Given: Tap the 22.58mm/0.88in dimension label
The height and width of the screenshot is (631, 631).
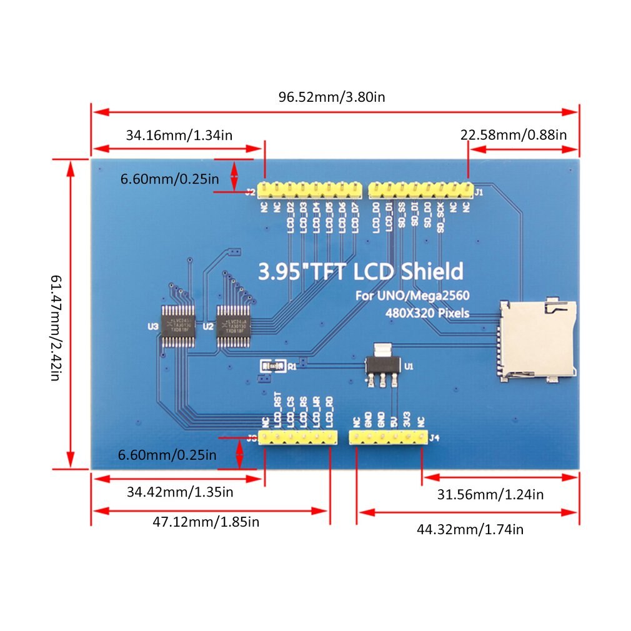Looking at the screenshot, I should point(513,134).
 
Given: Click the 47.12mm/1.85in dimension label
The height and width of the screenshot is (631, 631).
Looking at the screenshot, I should point(206,522).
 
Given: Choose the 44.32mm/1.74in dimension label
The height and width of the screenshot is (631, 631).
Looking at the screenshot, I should point(470,529).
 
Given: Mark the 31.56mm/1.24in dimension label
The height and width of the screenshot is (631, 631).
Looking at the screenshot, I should point(490,495).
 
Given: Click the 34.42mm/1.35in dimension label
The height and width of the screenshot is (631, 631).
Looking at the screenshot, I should point(180,492).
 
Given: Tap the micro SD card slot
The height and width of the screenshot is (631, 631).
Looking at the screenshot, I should point(537,340).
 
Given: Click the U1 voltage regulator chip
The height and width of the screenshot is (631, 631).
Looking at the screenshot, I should point(380,365).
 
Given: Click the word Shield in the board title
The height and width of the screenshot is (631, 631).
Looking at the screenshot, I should point(431,271).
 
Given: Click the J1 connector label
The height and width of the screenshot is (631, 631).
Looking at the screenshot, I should point(479,192).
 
